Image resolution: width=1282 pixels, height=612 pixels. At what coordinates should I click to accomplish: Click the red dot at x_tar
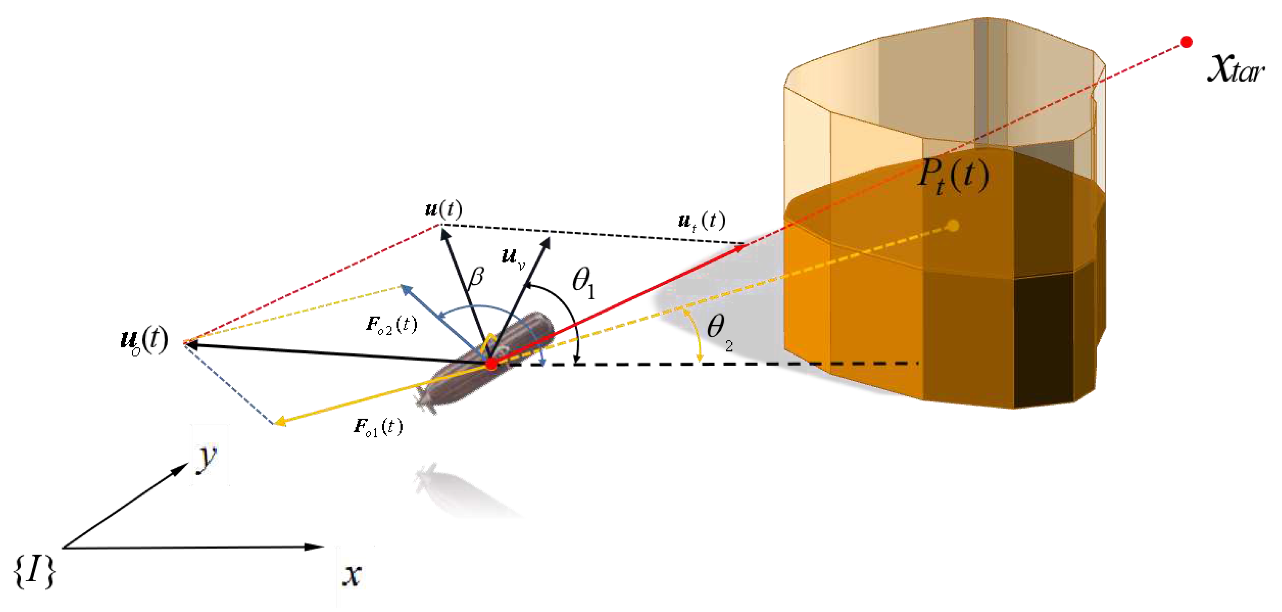click(x=1187, y=42)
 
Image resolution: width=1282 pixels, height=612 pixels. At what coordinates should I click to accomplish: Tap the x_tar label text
click(x=1235, y=70)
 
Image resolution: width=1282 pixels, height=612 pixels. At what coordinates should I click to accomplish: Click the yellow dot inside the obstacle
click(x=953, y=226)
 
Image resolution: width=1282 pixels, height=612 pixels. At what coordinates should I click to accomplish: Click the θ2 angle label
click(x=719, y=331)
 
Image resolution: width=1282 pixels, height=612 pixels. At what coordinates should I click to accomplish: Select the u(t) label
click(x=443, y=209)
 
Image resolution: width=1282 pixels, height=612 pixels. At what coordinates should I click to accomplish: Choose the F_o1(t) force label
click(x=378, y=427)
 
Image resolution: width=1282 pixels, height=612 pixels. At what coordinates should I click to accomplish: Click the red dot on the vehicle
click(x=491, y=364)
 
